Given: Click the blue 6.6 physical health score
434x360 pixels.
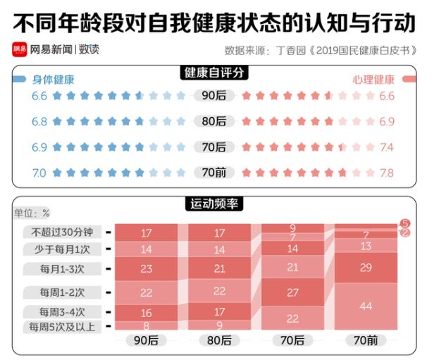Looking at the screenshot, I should pyautogui.click(x=39, y=97).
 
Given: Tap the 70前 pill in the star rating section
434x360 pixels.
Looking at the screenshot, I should pyautogui.click(x=214, y=173).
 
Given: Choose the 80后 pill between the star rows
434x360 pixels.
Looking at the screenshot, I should pyautogui.click(x=214, y=122).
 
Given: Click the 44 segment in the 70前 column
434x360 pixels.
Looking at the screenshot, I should pyautogui.click(x=366, y=306).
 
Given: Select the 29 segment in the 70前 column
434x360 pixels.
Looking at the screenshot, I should pyautogui.click(x=366, y=268).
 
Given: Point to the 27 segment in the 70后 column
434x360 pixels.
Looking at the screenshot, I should pyautogui.click(x=292, y=292).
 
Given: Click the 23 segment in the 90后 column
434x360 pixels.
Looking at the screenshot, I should pyautogui.click(x=147, y=268).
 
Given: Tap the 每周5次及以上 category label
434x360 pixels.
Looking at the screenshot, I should pyautogui.click(x=61, y=327).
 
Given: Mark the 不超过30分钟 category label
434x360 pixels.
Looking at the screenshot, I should pyautogui.click(x=61, y=232).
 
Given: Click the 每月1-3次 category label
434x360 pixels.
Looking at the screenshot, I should pyautogui.click(x=63, y=268).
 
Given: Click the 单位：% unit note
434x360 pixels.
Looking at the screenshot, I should pyautogui.click(x=32, y=213).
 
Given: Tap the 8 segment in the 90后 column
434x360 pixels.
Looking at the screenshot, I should pyautogui.click(x=147, y=326).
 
